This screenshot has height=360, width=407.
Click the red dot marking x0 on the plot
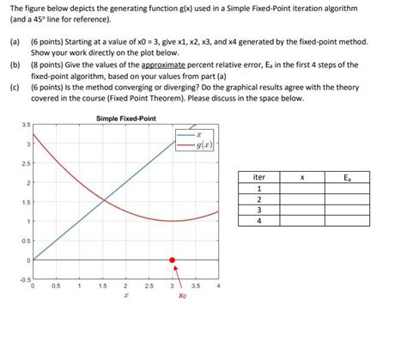[173, 259]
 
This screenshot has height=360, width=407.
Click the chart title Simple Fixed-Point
[126, 118]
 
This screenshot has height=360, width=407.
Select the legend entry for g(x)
[200, 147]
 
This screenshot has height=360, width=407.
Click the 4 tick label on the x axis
[219, 286]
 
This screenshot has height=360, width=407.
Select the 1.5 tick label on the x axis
[102, 286]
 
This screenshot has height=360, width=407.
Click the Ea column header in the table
[345, 177]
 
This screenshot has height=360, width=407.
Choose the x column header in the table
[301, 177]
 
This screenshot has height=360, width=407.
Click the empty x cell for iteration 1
[301, 188]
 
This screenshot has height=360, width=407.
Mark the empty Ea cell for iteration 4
[345, 220]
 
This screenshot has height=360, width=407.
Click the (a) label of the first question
[15, 41]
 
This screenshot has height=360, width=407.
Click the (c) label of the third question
[15, 87]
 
